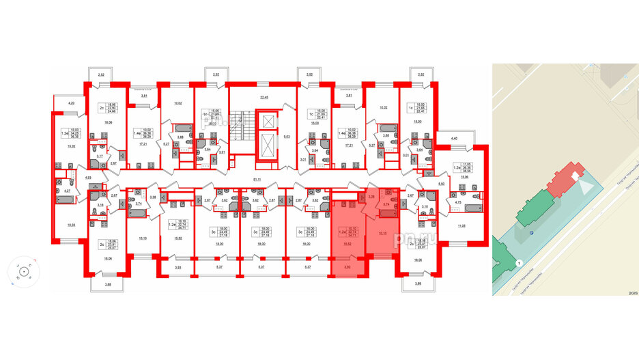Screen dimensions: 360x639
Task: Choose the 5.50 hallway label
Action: pyautogui.click(x=442, y=184)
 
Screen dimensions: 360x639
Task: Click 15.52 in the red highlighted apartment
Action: pyautogui.click(x=347, y=244)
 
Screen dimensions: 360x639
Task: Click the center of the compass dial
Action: pyautogui.click(x=23, y=271)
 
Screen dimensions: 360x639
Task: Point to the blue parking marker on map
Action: pyautogui.click(x=532, y=232)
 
